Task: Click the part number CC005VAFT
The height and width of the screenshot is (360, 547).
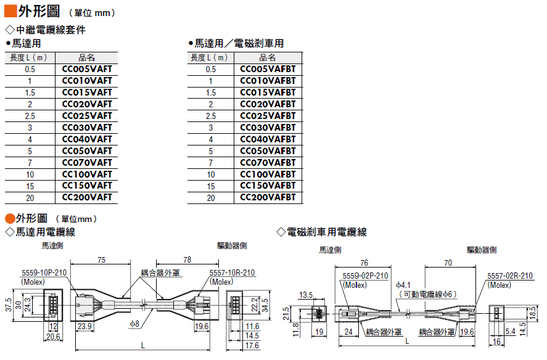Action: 87,69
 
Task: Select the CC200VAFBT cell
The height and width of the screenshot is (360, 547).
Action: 268,197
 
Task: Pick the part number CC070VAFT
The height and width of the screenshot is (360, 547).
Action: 87,163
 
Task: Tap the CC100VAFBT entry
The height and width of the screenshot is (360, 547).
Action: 268,174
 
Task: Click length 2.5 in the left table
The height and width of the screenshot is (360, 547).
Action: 30,116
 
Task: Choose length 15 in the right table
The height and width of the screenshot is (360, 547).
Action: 211,186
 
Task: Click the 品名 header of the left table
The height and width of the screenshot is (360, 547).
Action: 86,57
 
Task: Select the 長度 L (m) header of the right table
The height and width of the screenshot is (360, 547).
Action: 209,57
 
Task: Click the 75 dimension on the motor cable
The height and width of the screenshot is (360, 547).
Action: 102,260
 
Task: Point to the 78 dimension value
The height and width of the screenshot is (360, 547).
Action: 187,260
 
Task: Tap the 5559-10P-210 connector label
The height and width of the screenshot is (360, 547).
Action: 44,273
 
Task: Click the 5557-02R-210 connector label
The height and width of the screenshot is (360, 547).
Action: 510,276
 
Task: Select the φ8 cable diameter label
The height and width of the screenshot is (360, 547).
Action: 134,324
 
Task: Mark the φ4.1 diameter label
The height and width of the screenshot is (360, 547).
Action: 403,285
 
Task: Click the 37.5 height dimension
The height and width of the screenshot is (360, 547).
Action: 9,305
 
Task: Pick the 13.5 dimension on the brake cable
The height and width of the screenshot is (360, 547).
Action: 306,295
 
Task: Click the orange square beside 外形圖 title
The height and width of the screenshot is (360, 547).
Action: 10,11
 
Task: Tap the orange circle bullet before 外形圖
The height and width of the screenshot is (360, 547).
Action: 10,219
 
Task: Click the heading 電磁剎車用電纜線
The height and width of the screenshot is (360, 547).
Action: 326,232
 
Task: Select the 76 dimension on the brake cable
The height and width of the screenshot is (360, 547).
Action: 364,263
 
